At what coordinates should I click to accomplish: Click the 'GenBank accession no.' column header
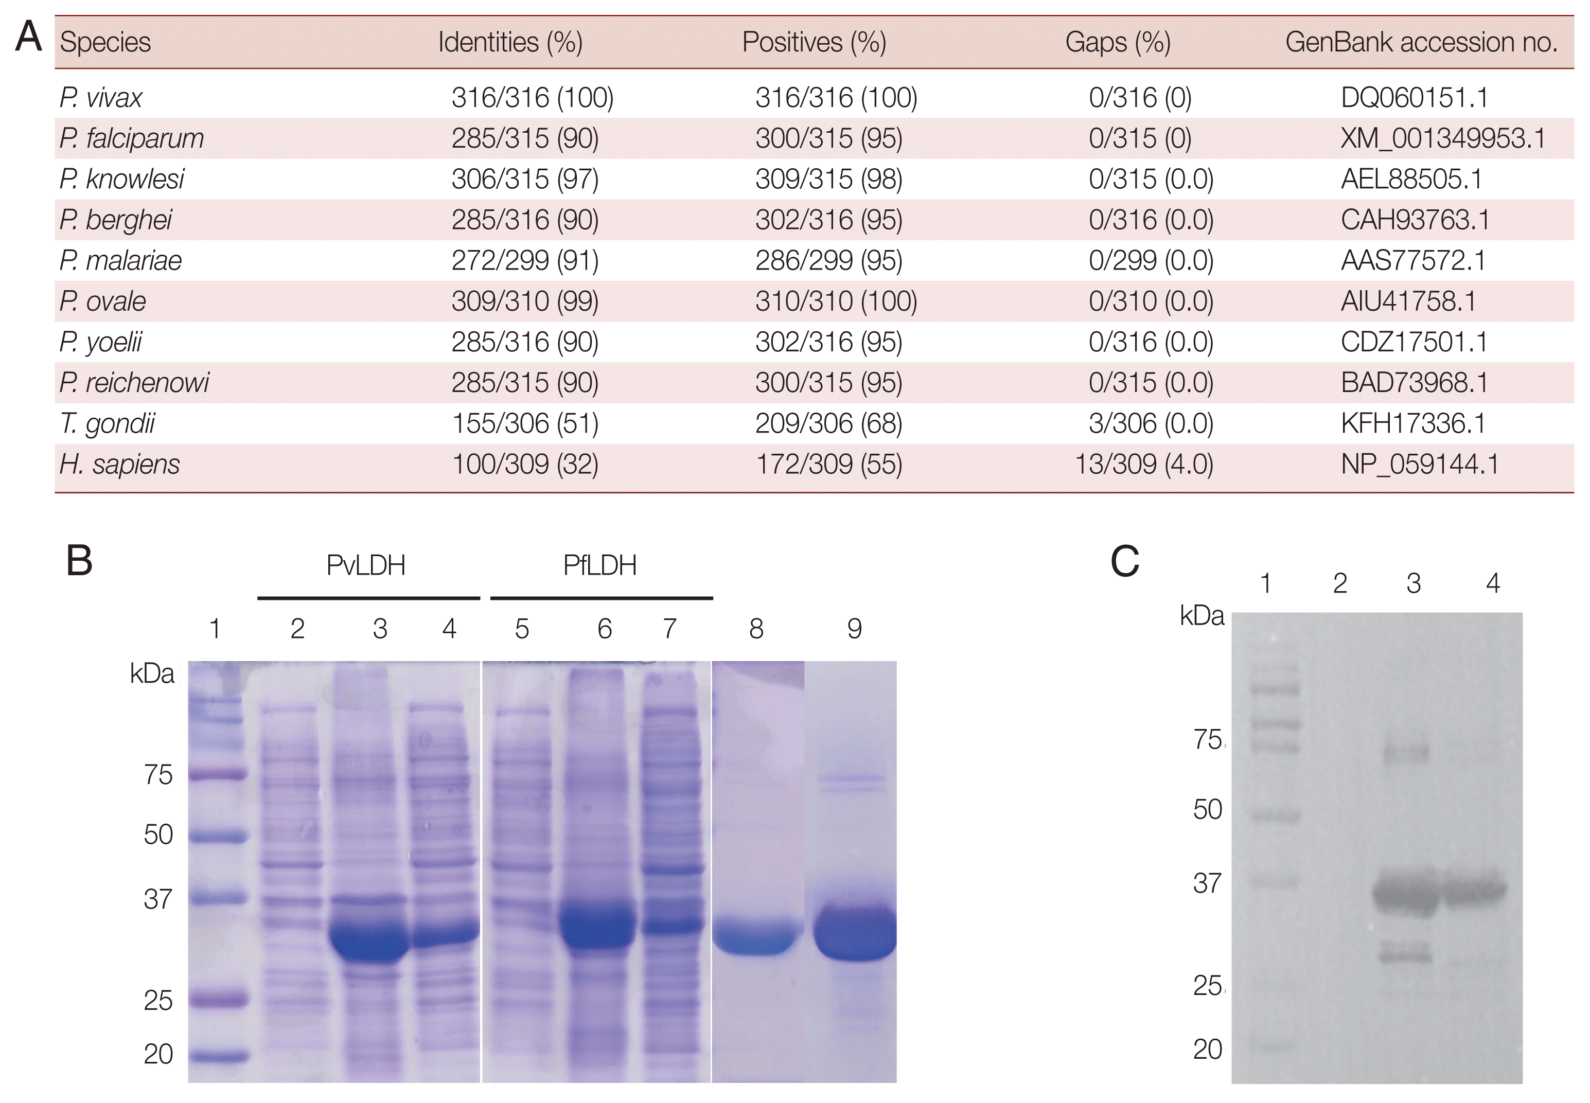coord(1421,42)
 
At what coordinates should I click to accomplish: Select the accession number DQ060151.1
coord(1414,97)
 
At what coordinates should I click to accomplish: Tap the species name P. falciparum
coord(131,138)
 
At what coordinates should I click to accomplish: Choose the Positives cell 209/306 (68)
coord(828,423)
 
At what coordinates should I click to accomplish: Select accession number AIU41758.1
coord(1408,301)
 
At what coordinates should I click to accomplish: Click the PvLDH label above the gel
coord(366,565)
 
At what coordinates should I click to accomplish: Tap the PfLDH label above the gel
coord(599,565)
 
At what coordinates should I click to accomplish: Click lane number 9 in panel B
coord(855,629)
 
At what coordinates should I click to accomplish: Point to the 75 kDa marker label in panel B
coord(158,775)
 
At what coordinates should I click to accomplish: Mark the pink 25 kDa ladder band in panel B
coord(217,999)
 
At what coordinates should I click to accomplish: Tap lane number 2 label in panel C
coord(1340,584)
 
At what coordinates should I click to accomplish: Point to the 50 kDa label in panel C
coord(1207,809)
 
